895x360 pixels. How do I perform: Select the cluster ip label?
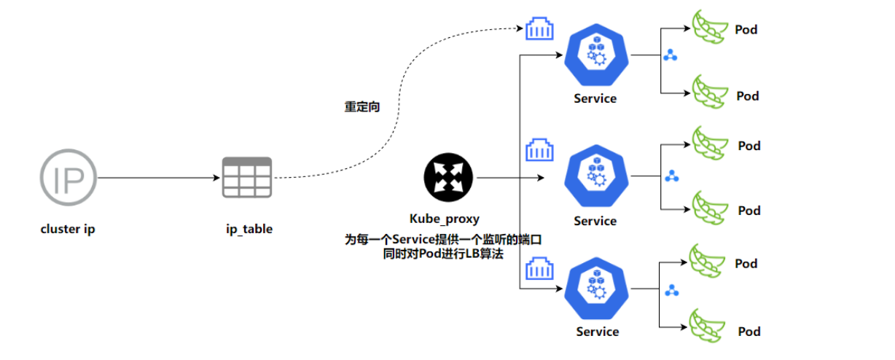(x=68, y=229)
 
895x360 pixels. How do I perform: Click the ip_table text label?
(x=249, y=229)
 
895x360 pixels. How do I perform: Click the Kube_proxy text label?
(x=445, y=219)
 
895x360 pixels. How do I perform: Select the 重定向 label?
(x=362, y=106)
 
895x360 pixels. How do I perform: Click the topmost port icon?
(x=539, y=30)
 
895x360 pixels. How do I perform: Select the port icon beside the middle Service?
(x=539, y=151)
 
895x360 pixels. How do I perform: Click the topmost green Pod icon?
(x=707, y=27)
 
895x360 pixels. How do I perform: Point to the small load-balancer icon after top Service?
(x=670, y=55)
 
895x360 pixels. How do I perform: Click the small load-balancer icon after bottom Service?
(x=672, y=289)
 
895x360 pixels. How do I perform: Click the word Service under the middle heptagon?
(x=595, y=221)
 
